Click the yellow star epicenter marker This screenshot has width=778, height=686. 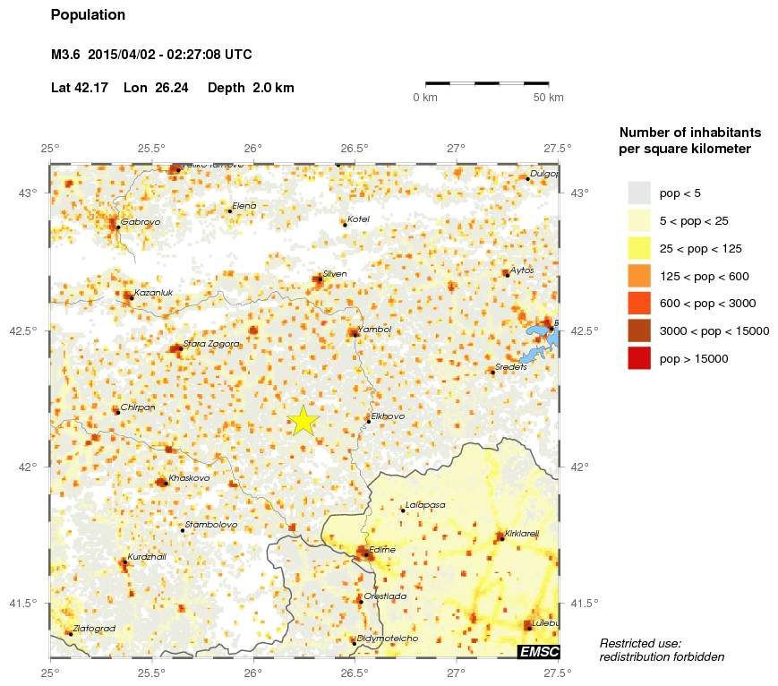(304, 420)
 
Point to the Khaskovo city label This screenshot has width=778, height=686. (189, 478)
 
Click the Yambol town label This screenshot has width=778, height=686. (374, 330)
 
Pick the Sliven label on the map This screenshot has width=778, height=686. (335, 274)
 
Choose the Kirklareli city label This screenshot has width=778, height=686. (522, 534)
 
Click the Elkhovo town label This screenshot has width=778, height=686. (388, 416)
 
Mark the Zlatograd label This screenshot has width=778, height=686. (95, 629)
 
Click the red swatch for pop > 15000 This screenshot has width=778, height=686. (639, 358)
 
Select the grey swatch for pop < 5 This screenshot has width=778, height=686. (639, 193)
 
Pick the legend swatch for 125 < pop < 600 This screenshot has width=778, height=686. (639, 276)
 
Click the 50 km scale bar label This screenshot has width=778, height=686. (548, 98)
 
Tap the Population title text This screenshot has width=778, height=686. (88, 15)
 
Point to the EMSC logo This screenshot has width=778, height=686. (538, 651)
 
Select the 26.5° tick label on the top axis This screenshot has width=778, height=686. (355, 148)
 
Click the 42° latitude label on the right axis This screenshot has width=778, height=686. (579, 467)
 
